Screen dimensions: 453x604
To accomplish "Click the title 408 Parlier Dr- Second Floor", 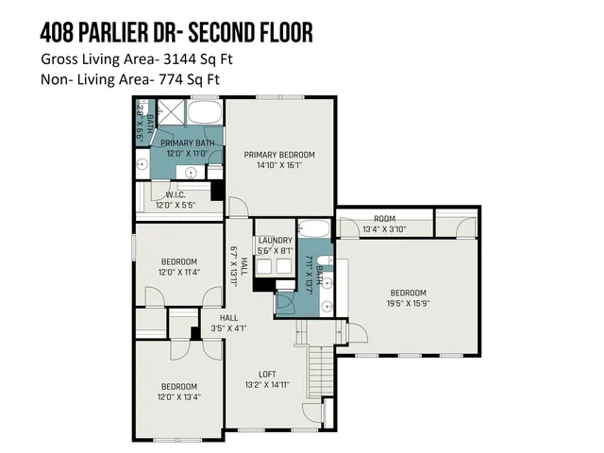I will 176,34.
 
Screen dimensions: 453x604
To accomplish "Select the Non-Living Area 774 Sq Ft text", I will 129,79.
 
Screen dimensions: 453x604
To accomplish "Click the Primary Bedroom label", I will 279,155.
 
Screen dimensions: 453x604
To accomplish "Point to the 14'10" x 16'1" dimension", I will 279,165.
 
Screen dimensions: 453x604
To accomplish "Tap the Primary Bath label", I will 187,143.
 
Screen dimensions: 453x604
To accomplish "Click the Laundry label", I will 274,241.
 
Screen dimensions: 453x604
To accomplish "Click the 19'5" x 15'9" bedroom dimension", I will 408,303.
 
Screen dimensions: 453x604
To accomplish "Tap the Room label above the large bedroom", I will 384,218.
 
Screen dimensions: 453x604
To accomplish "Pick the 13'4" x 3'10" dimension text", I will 384,228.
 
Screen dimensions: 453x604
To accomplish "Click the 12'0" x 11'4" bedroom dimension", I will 178,272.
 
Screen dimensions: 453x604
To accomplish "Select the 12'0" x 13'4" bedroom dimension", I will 178,397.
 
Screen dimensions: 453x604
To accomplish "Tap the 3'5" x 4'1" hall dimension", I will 230,328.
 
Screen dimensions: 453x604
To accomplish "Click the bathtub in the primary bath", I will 202,114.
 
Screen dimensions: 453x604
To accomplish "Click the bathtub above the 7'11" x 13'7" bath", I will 312,230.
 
